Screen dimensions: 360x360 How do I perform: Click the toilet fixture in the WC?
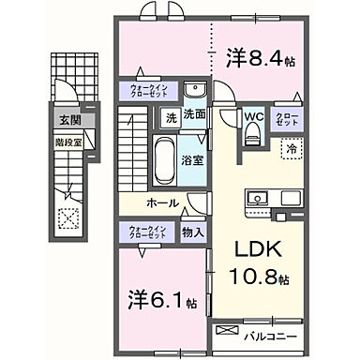250,135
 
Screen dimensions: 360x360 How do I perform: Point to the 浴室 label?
191,159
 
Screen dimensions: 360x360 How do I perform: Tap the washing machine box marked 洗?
170,118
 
